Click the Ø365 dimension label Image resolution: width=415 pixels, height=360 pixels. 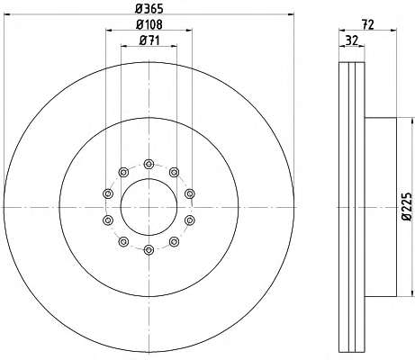(x=149, y=9)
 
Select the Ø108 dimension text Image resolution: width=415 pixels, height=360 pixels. (x=149, y=24)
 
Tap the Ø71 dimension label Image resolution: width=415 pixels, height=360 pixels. (x=149, y=40)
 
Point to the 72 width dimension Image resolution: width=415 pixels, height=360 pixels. (x=367, y=24)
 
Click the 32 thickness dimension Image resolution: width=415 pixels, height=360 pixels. (x=352, y=40)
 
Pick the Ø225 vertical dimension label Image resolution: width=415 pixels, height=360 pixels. (x=407, y=207)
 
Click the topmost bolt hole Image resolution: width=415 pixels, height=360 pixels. (x=149, y=164)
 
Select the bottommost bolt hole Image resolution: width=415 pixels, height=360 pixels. (x=149, y=249)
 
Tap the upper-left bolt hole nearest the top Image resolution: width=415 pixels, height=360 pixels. (x=123, y=172)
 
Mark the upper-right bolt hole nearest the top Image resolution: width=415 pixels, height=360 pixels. (x=174, y=172)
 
